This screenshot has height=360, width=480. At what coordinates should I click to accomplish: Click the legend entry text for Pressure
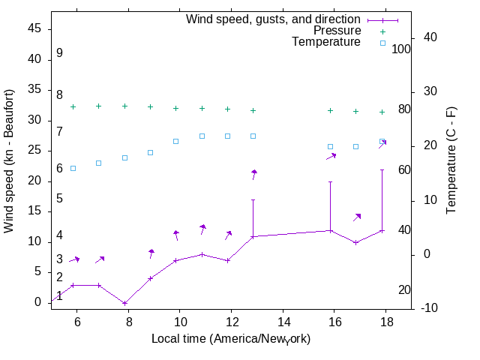337,31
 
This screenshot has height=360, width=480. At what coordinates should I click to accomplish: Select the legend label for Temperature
326,42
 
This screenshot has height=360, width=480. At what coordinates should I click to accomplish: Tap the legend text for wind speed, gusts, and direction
274,19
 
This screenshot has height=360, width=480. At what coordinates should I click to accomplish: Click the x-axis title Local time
231,339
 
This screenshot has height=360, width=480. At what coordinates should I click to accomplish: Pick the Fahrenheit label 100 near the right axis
402,49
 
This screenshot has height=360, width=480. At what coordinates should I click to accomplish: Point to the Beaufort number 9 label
59,53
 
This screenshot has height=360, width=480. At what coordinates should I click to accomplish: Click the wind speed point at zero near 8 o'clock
125,303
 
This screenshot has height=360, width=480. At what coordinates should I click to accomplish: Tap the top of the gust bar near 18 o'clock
382,169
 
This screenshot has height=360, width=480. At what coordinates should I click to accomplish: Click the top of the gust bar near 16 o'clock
331,181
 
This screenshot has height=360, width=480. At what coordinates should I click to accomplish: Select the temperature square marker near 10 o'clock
176,141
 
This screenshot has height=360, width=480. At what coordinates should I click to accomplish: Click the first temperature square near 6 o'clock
73,168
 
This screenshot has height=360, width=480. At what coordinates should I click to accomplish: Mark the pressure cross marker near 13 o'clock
253,110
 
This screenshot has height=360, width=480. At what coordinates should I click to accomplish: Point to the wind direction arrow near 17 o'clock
358,217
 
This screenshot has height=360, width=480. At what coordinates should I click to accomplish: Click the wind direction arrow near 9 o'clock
151,253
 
